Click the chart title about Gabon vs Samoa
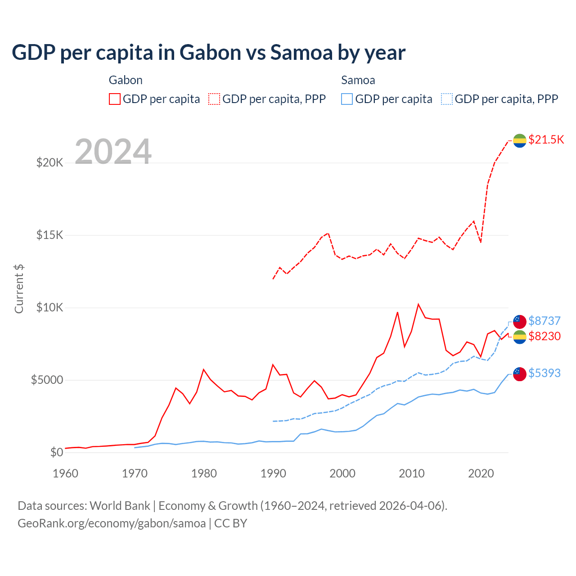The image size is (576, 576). pyautogui.click(x=208, y=53)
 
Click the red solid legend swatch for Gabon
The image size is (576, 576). pyautogui.click(x=115, y=99)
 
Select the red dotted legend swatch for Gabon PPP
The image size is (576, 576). pyautogui.click(x=214, y=99)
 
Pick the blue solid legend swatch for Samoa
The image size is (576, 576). pyautogui.click(x=347, y=99)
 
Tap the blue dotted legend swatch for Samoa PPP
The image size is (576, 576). pyautogui.click(x=447, y=99)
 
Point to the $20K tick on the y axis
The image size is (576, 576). pyautogui.click(x=49, y=162)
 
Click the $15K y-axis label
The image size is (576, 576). pyautogui.click(x=49, y=235)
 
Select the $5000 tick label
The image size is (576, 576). pyautogui.click(x=47, y=380)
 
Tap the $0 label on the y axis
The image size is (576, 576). pyautogui.click(x=56, y=452)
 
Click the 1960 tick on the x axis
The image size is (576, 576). pyautogui.click(x=66, y=473)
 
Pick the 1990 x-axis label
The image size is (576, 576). pyautogui.click(x=273, y=473)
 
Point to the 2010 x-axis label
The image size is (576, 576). pyautogui.click(x=412, y=473)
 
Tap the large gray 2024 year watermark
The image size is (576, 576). pyautogui.click(x=113, y=152)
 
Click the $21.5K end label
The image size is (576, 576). pyautogui.click(x=546, y=139)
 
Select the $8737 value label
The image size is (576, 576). pyautogui.click(x=544, y=321)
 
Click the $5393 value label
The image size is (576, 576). pyautogui.click(x=544, y=373)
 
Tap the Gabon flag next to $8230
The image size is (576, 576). pyautogui.click(x=520, y=337)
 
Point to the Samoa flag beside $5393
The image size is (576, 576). pyautogui.click(x=520, y=373)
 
